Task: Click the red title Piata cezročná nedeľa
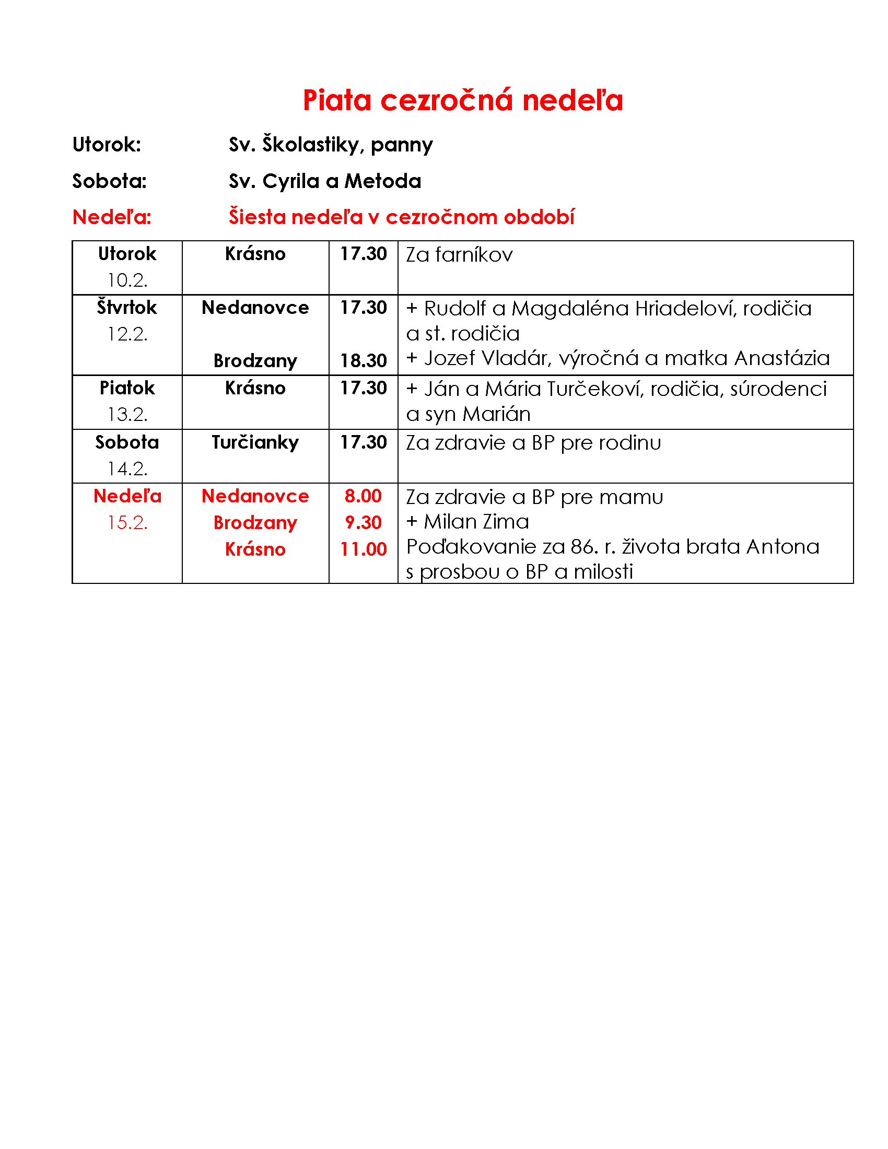point(462,100)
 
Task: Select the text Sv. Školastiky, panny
point(330,144)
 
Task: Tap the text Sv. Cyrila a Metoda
point(324,181)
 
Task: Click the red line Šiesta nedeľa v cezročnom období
point(401,217)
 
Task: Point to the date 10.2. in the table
point(127,280)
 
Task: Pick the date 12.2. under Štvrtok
point(127,334)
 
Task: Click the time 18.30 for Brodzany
point(363,360)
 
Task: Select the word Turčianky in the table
point(255,442)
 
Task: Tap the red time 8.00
point(363,496)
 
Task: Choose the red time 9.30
point(363,522)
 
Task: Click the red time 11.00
point(363,549)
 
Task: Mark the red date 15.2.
point(127,522)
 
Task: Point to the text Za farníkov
point(459,255)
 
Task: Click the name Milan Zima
point(476,521)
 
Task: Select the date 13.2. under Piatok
point(127,414)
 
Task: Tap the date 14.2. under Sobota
point(127,468)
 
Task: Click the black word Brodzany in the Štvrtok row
point(255,360)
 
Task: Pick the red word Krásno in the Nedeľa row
point(255,549)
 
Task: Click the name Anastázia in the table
point(782,358)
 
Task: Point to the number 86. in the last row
point(585,547)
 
